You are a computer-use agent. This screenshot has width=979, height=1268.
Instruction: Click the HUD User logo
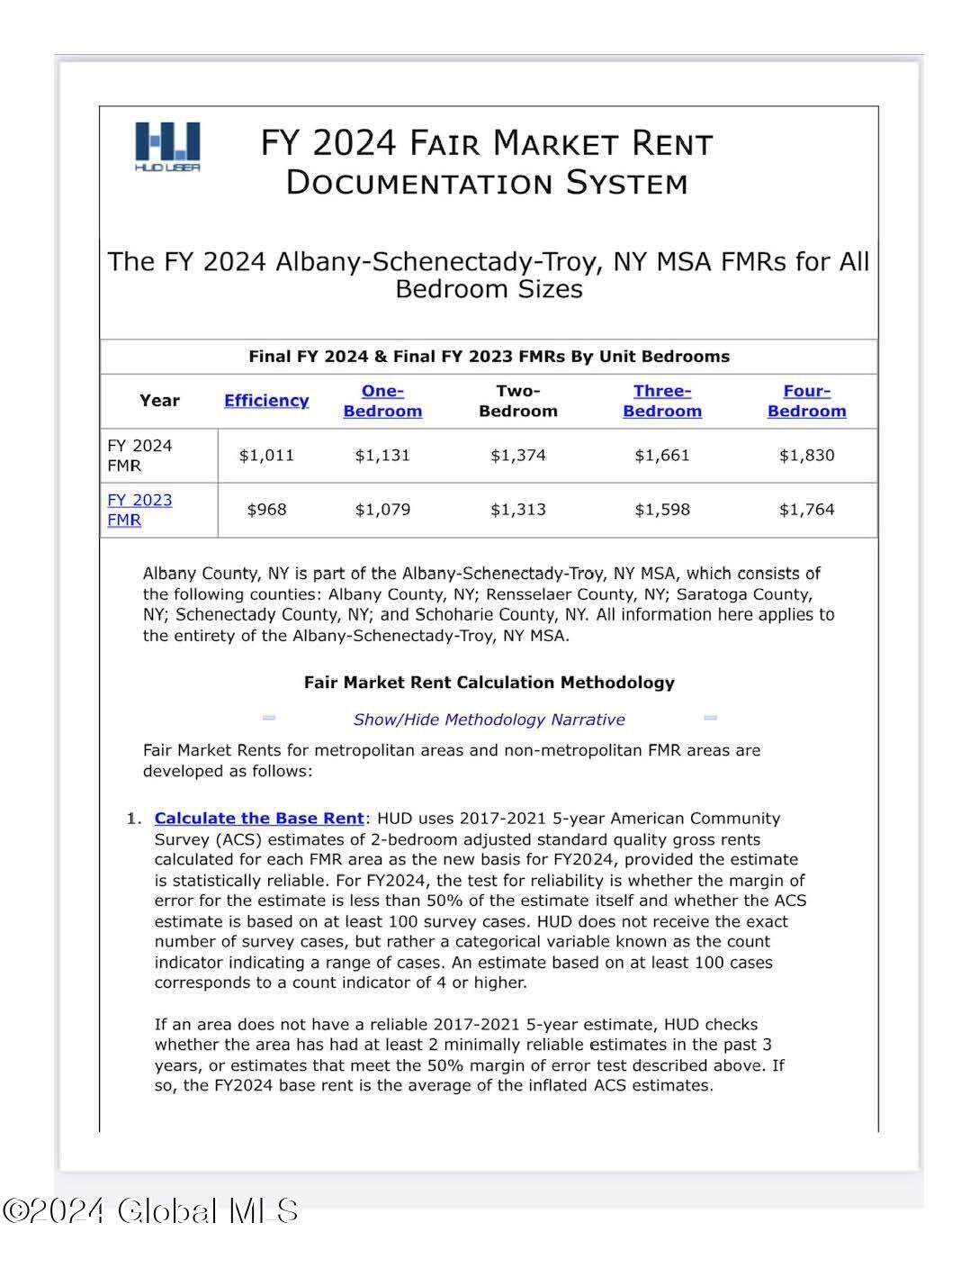tap(167, 146)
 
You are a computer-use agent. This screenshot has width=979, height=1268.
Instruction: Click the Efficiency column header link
tap(266, 401)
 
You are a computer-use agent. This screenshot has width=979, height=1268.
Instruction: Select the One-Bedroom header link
tap(382, 401)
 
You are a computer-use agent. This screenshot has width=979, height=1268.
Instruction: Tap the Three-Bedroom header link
tap(661, 401)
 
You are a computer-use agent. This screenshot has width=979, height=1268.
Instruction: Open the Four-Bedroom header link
tap(806, 401)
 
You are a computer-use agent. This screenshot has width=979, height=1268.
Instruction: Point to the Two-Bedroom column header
tap(518, 401)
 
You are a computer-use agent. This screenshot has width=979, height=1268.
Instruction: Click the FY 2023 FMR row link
tap(139, 510)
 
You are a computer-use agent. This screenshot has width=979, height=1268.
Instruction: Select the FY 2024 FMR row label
tap(139, 455)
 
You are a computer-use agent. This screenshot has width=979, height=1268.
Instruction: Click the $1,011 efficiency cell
tap(266, 455)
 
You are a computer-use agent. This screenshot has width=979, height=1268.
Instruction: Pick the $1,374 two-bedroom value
tap(518, 455)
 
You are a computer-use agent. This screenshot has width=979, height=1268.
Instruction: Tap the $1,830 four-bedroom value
tap(806, 455)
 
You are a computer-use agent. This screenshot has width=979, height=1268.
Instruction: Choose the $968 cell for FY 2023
tap(266, 510)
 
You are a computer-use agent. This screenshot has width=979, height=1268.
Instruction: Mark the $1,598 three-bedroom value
tap(661, 510)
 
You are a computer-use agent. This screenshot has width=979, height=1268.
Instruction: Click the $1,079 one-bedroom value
tap(382, 510)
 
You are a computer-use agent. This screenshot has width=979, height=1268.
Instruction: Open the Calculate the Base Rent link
tap(259, 819)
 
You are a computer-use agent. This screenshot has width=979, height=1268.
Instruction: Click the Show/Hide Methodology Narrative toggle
tap(489, 720)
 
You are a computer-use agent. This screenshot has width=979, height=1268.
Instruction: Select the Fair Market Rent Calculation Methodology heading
tap(489, 683)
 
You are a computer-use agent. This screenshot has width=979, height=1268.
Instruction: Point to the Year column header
tap(159, 401)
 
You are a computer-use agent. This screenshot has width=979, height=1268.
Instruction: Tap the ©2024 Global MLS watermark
tap(150, 1210)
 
